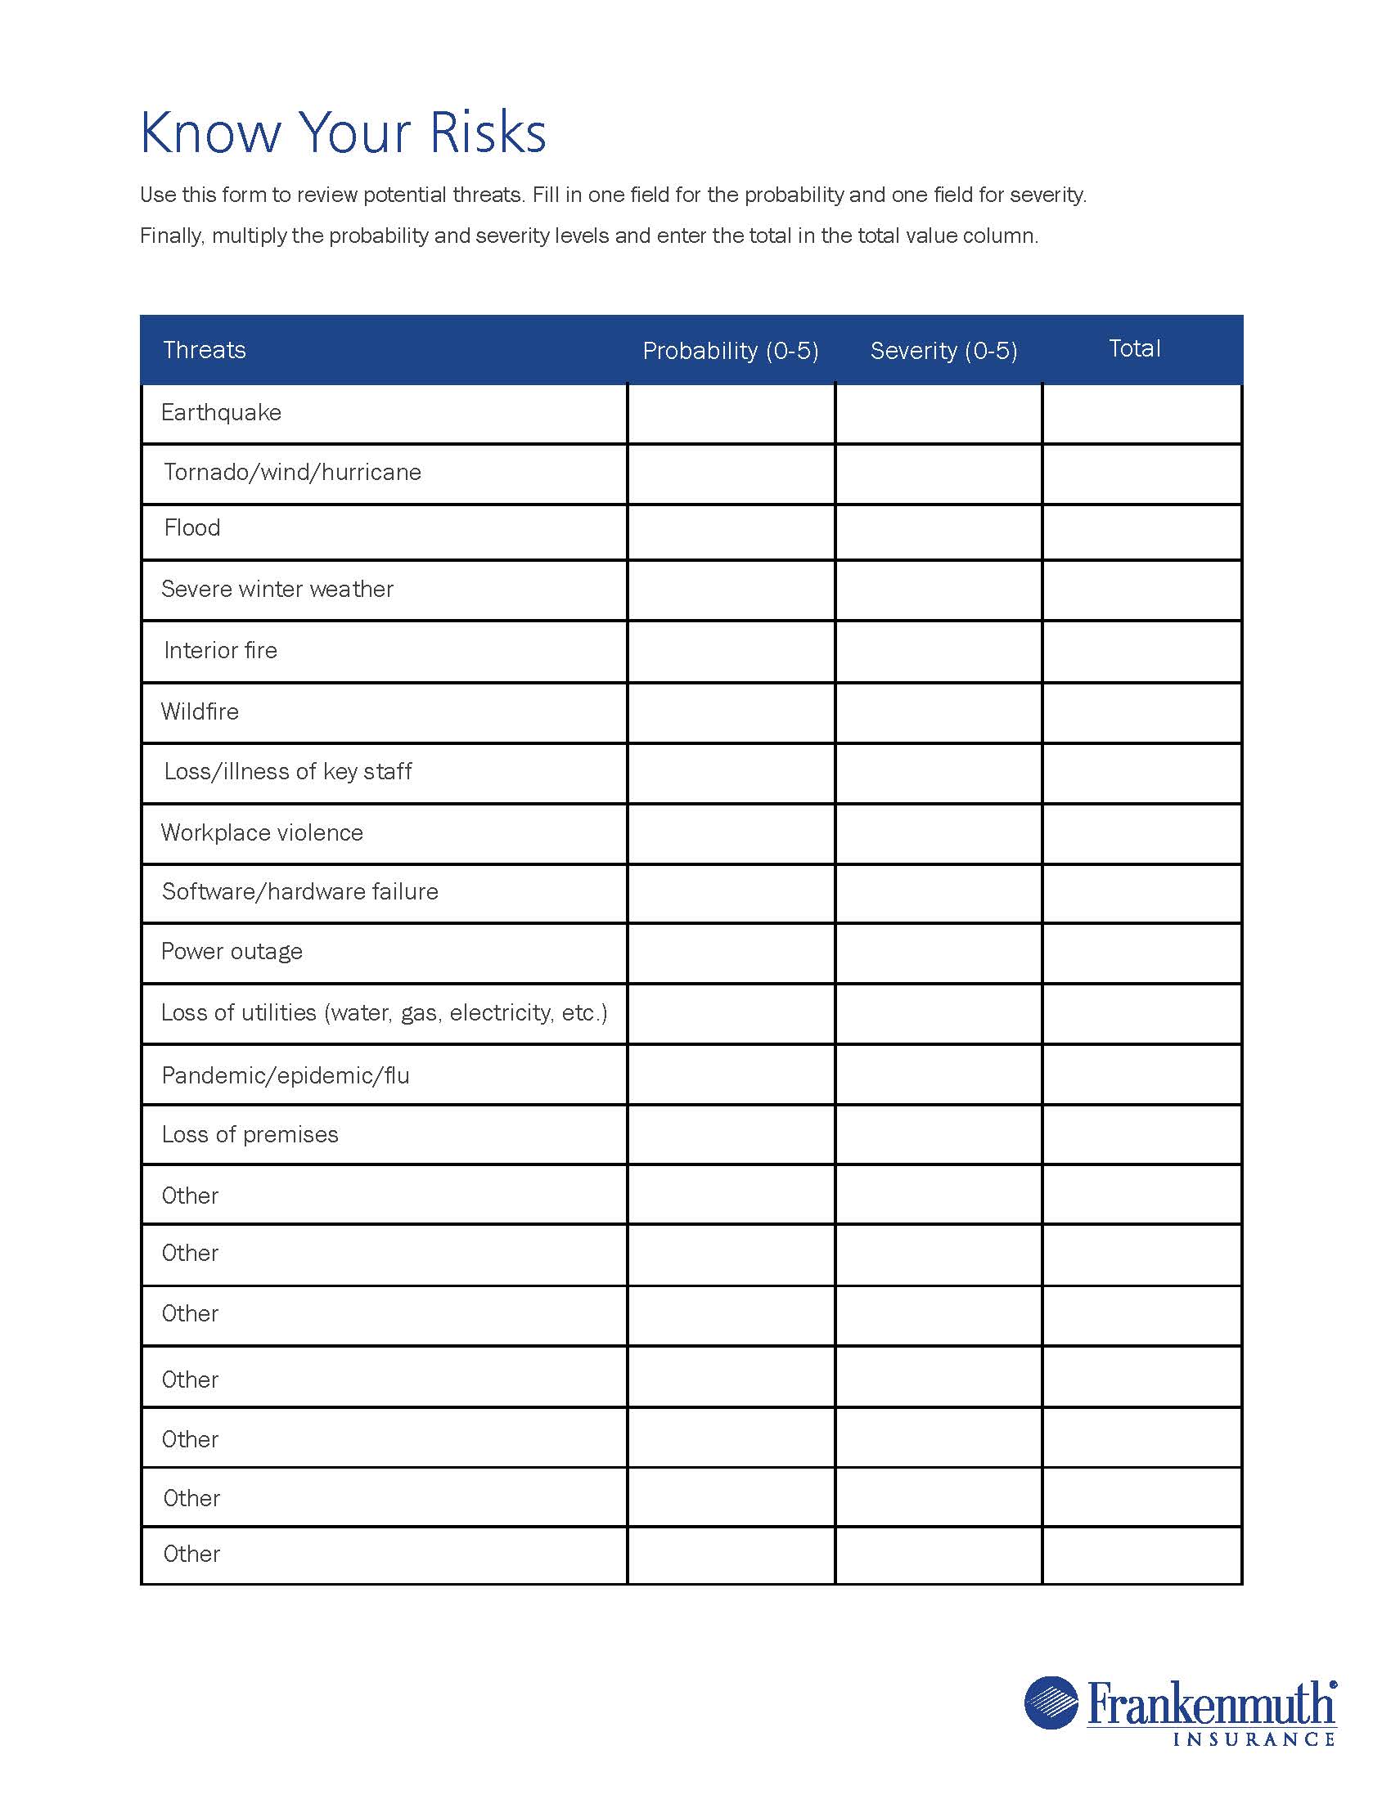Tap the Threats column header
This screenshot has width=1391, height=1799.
[x=205, y=350]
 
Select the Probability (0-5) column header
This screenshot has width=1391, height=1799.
[x=730, y=351]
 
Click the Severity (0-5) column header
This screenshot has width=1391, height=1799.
[x=943, y=351]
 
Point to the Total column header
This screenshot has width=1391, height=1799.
[x=1134, y=348]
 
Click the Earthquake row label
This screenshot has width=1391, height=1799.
[x=221, y=413]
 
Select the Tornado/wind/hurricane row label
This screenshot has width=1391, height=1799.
[x=293, y=472]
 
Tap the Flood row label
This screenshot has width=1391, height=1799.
[x=192, y=528]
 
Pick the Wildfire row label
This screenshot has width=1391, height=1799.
[x=200, y=711]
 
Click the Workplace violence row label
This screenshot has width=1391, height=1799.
[x=262, y=832]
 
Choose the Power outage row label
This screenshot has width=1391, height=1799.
[x=232, y=952]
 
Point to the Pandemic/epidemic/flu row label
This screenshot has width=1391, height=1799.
[x=285, y=1076]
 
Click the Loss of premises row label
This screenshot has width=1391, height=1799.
[x=250, y=1135]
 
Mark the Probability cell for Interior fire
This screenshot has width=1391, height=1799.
[x=731, y=652]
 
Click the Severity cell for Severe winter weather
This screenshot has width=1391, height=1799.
[x=939, y=590]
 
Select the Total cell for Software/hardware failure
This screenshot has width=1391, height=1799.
[x=1142, y=894]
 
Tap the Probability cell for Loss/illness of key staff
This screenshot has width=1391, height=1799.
[x=731, y=774]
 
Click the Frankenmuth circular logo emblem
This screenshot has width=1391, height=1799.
[x=1051, y=1702]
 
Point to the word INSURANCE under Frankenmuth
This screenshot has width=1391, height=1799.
[x=1253, y=1738]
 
